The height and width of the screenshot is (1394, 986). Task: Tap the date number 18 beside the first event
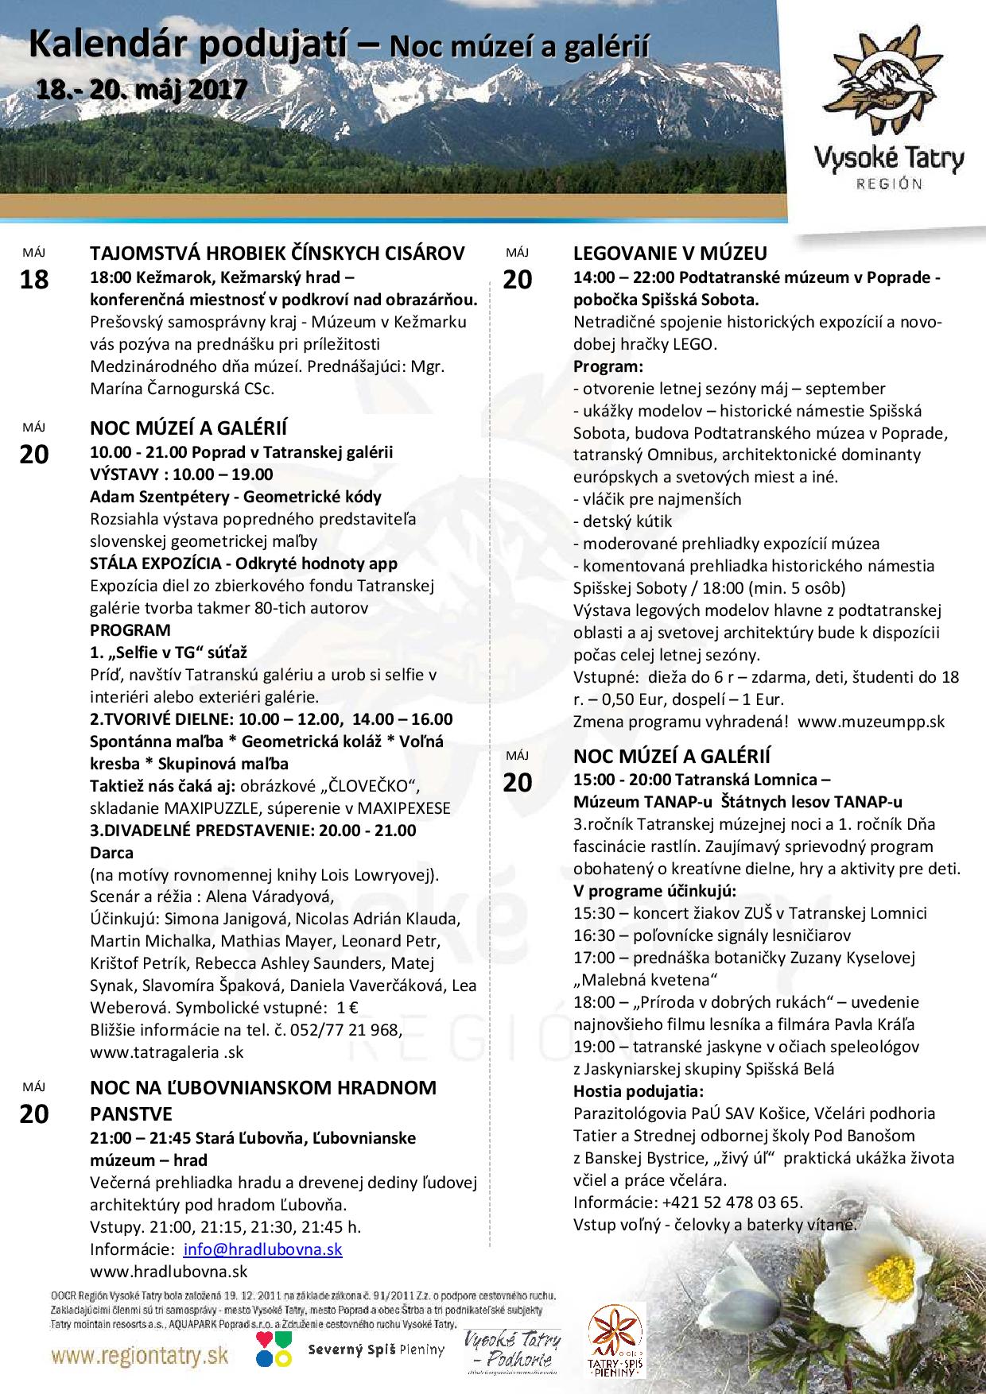(x=33, y=280)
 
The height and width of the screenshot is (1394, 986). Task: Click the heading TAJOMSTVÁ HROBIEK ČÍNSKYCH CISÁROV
(x=277, y=254)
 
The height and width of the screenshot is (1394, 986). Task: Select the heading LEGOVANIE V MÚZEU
(x=670, y=254)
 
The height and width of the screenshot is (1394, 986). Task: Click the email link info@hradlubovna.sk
(x=262, y=1249)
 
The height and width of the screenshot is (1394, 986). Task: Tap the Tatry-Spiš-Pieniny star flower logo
(x=617, y=1342)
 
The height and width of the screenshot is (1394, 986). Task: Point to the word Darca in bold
(x=111, y=853)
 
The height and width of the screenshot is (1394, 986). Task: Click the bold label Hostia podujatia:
(x=639, y=1090)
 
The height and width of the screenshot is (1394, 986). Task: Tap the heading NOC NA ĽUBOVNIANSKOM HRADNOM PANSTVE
(x=262, y=1100)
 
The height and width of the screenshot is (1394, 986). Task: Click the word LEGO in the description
(x=697, y=344)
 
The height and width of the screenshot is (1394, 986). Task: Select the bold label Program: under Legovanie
(x=608, y=366)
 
